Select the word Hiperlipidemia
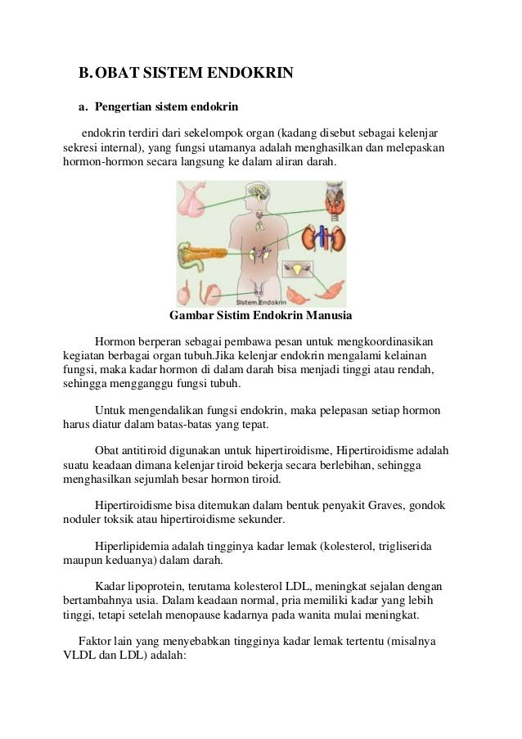point(136,545)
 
